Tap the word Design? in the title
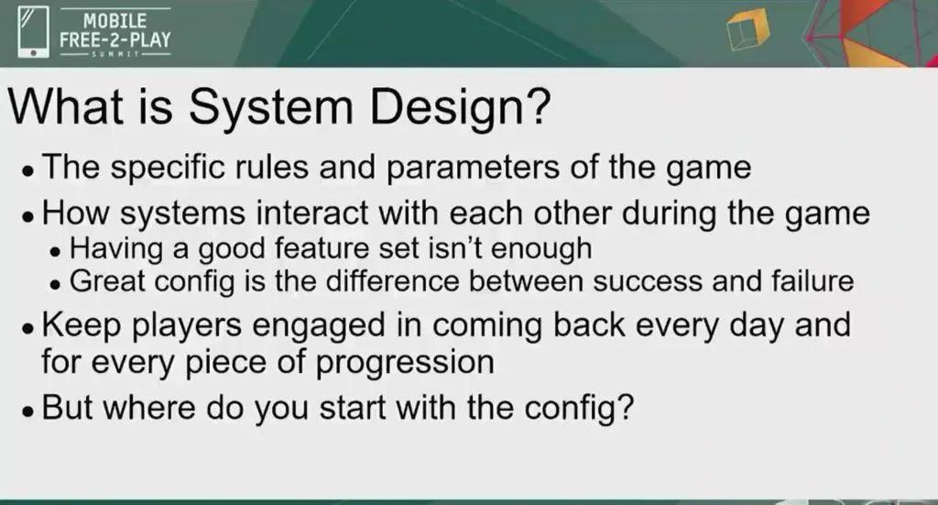[x=460, y=109]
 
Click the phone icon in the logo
[x=33, y=32]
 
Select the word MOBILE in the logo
[x=115, y=21]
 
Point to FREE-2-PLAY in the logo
[x=115, y=39]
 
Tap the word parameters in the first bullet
[x=473, y=168]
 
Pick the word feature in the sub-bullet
[x=322, y=247]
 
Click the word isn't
[x=453, y=247]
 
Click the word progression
[x=405, y=364]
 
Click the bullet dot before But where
[x=27, y=412]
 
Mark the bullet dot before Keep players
[x=27, y=328]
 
